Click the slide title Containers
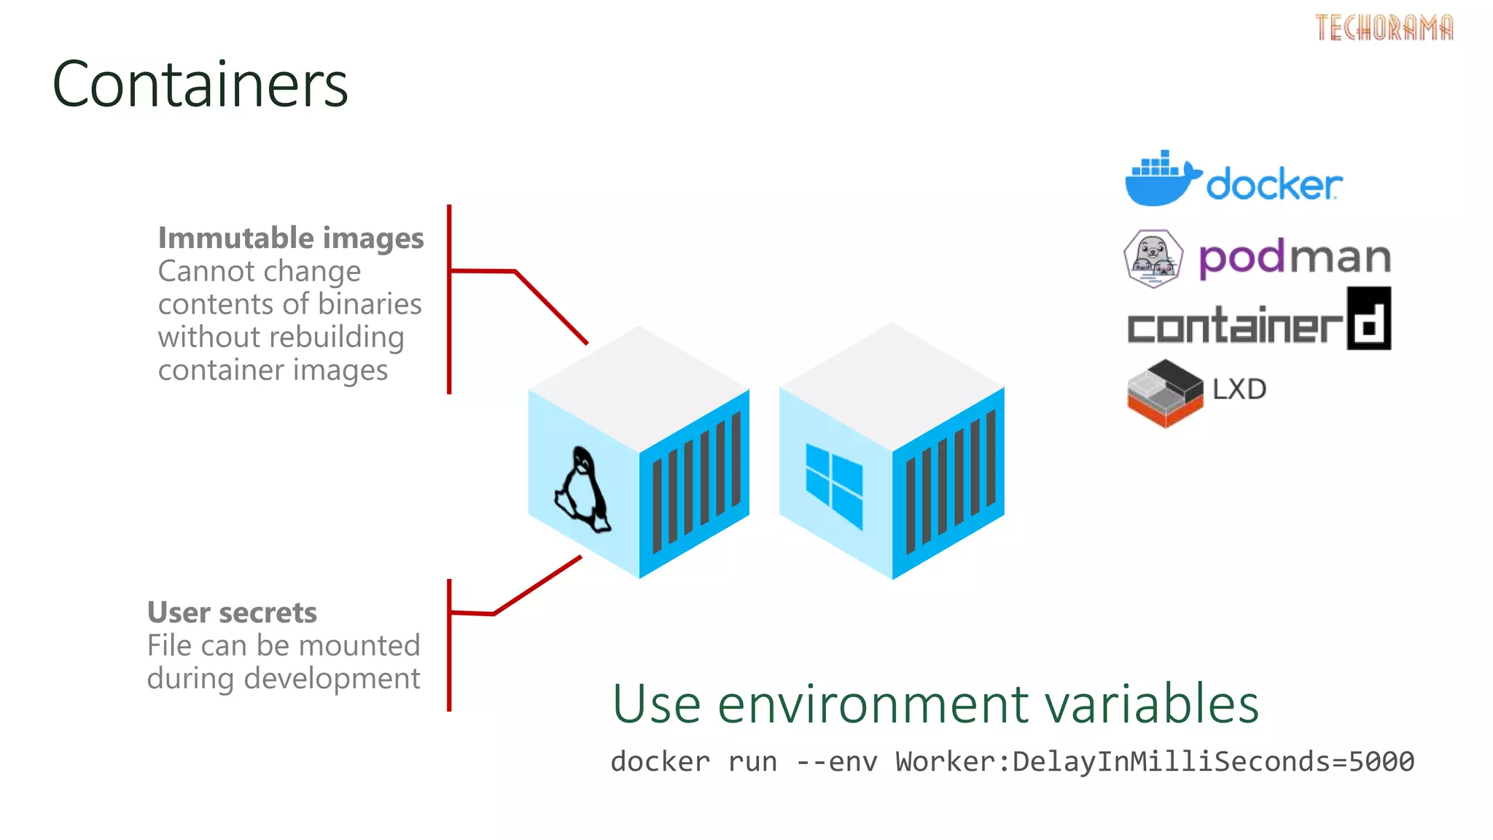200,85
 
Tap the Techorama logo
1383,28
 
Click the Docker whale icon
1159,180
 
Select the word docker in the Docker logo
1274,184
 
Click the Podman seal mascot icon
1153,259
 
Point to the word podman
1295,257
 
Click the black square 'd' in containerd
1368,319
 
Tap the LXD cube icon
1164,393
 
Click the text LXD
1239,389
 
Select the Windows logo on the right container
833,484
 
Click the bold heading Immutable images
290,238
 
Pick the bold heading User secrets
232,612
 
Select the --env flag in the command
836,762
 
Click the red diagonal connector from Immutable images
551,307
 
